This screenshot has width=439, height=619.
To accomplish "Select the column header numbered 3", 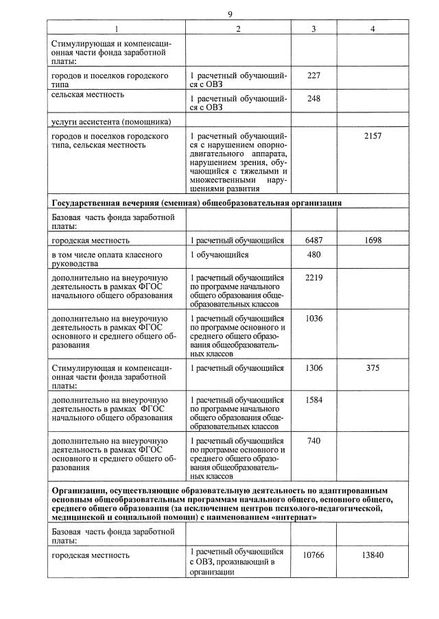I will pyautogui.click(x=313, y=29).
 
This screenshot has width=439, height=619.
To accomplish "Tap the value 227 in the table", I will pyautogui.click(x=313, y=75).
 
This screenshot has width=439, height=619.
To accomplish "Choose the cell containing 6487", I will pyautogui.click(x=313, y=241).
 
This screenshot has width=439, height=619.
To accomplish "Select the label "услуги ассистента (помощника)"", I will pyautogui.click(x=110, y=121).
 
